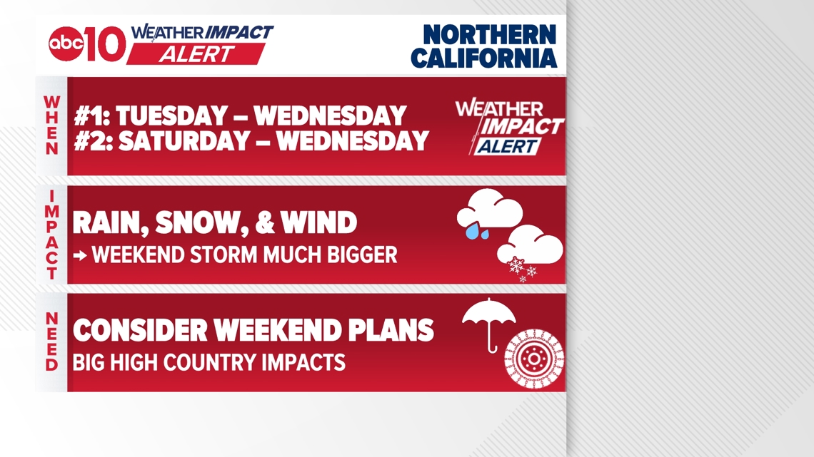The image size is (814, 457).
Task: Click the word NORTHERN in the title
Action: click(489, 35)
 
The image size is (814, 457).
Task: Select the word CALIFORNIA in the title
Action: click(484, 58)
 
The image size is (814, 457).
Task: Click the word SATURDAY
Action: click(186, 141)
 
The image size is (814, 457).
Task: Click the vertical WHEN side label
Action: click(52, 125)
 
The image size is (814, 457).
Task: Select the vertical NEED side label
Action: click(52, 342)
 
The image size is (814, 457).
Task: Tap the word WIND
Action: click(318, 223)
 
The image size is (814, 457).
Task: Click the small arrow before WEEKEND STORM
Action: click(80, 255)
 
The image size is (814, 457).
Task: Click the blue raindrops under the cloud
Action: click(477, 231)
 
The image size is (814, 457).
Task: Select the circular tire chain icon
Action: click(533, 359)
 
